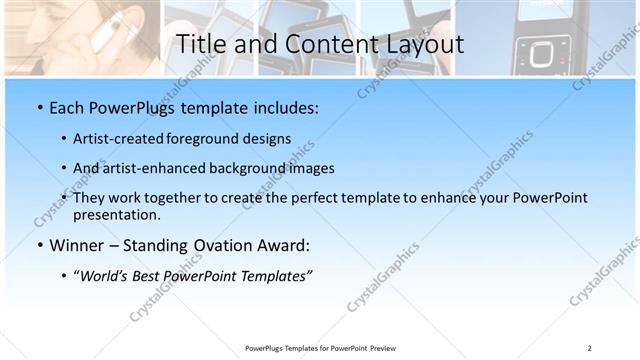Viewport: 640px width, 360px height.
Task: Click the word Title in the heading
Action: click(200, 44)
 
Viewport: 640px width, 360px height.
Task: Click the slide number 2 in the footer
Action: click(589, 347)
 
